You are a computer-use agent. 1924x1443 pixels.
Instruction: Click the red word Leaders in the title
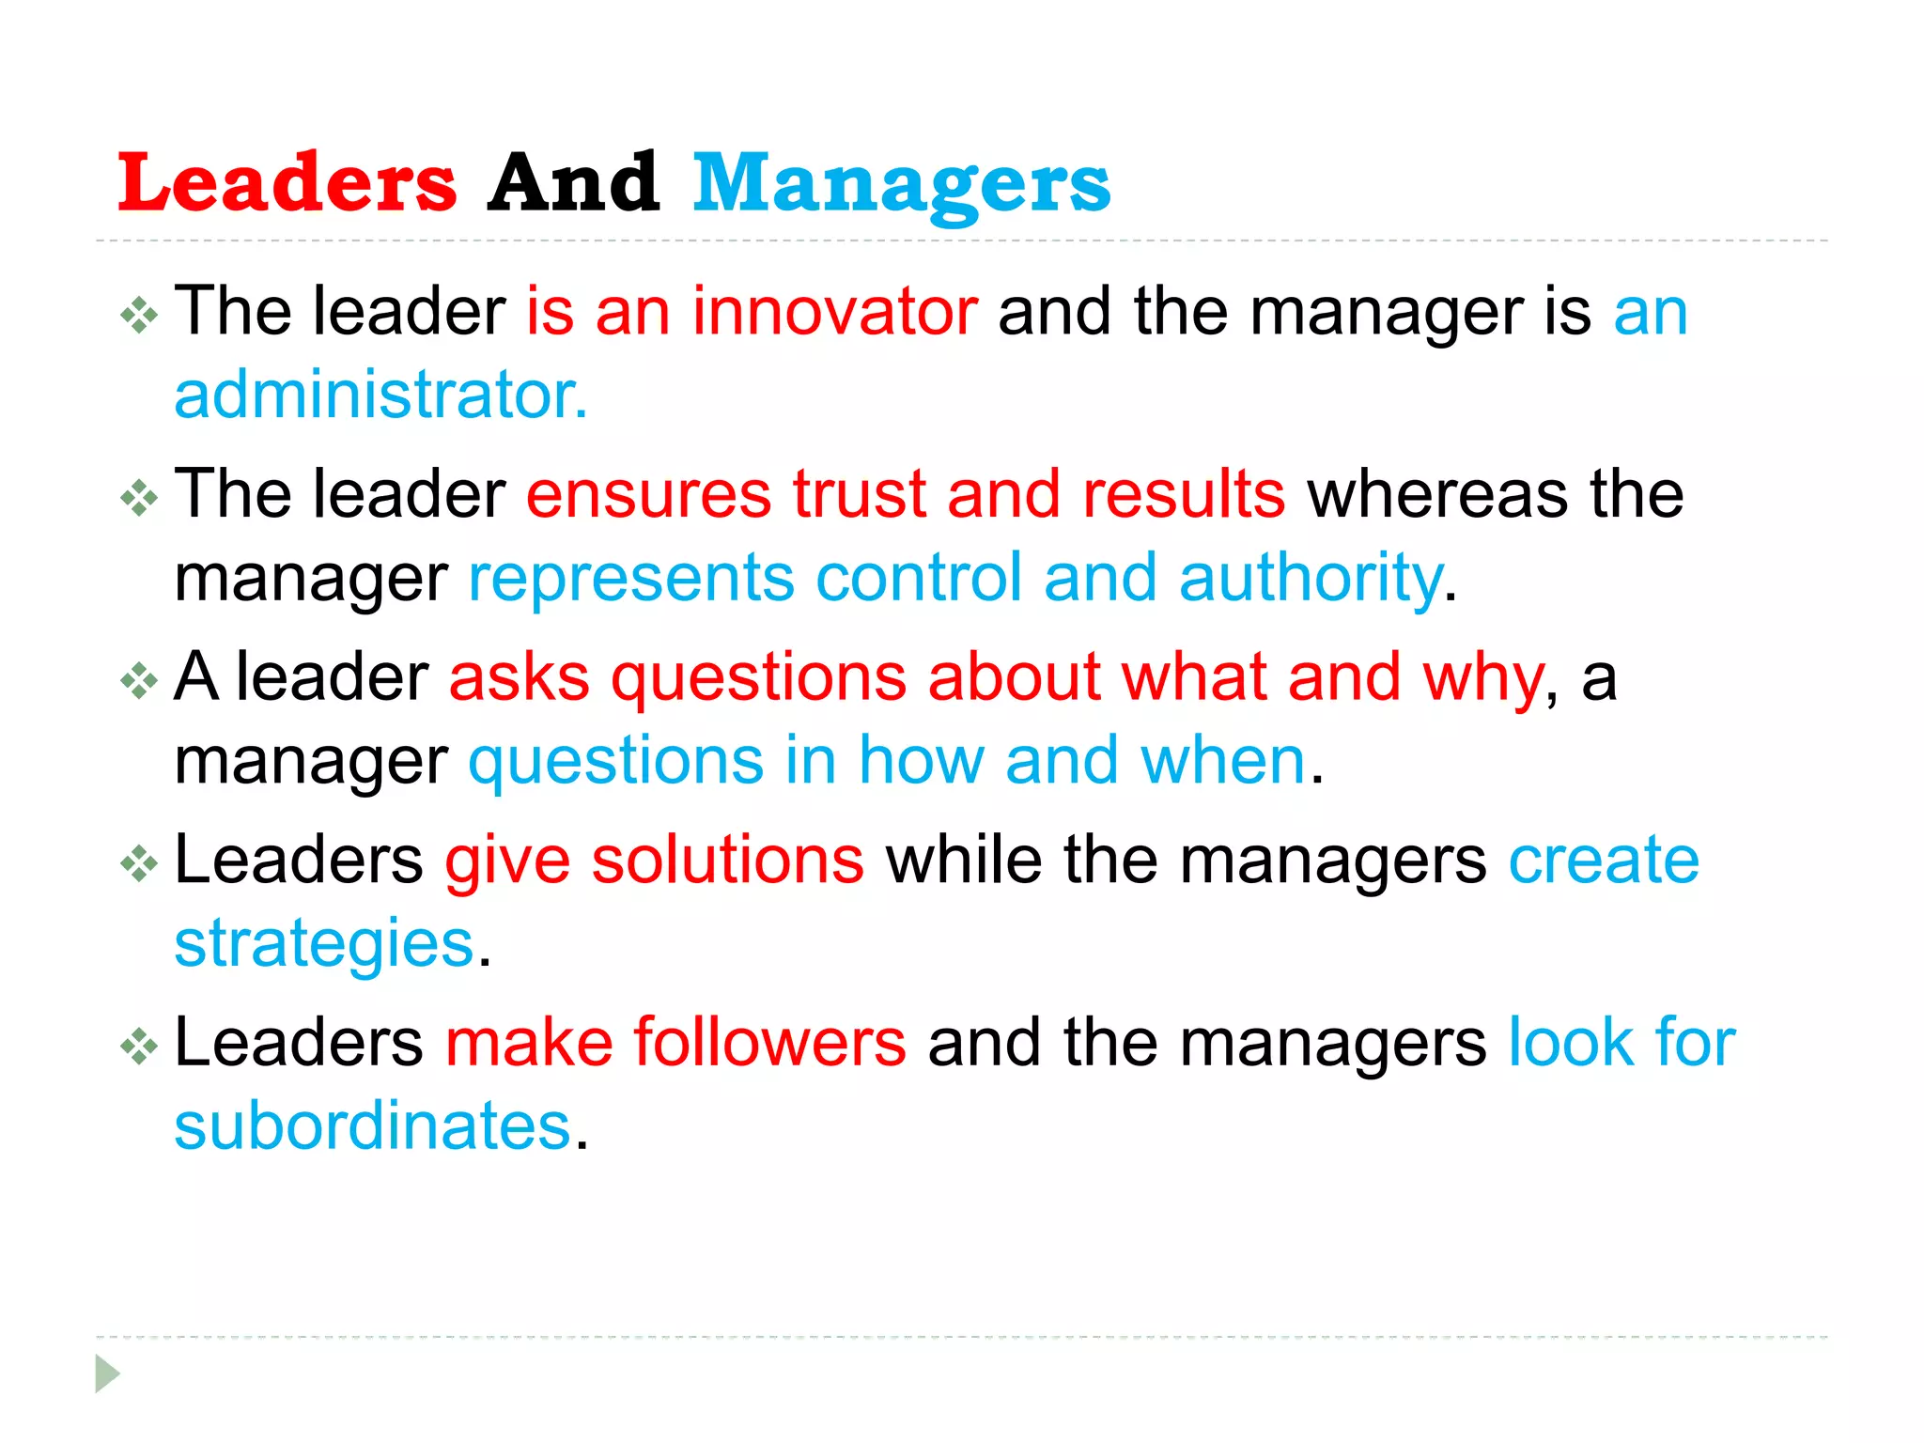coord(287,182)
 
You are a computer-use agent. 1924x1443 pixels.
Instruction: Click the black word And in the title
coord(574,182)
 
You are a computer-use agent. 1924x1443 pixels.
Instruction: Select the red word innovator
coord(835,312)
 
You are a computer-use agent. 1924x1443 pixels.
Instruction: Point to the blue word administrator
coord(380,395)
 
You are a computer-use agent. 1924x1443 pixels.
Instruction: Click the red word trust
coord(859,494)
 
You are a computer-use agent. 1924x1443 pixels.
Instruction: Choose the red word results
coord(1184,494)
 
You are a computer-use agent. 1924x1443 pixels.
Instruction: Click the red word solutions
coord(727,861)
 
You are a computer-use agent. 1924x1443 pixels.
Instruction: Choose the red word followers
coord(769,1043)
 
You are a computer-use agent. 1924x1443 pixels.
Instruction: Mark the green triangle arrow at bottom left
coord(107,1373)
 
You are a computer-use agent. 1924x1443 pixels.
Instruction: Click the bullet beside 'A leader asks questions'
coord(139,681)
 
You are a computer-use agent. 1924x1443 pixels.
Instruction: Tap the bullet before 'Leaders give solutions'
coord(139,864)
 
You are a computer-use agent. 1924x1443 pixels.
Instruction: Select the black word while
coord(964,861)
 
